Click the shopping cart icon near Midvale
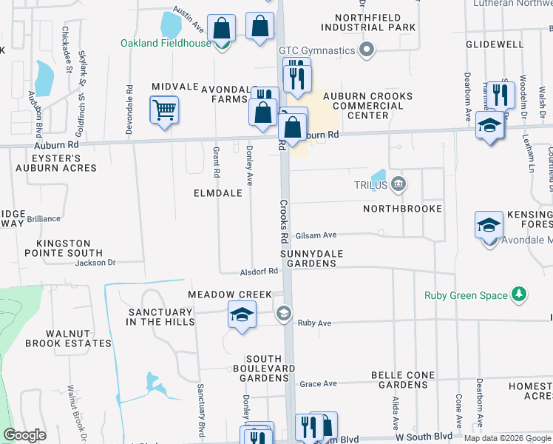[164, 110]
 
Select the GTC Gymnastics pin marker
[365, 50]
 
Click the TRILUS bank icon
[398, 184]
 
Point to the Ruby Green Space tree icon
[519, 295]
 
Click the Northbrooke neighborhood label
[402, 209]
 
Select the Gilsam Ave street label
[316, 235]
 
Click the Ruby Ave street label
[314, 323]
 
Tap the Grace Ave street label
[319, 383]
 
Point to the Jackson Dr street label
[95, 262]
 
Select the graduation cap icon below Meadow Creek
[242, 314]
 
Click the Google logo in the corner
[24, 435]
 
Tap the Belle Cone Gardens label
[402, 380]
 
